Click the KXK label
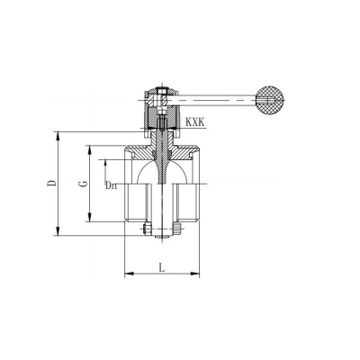click(195, 122)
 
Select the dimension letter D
click(51, 183)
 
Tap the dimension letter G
click(84, 183)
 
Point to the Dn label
click(111, 185)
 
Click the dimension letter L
click(162, 267)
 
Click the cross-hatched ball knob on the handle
click(270, 100)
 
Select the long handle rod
click(211, 100)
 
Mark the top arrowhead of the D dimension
click(58, 136)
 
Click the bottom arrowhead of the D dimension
click(58, 231)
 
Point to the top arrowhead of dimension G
click(90, 150)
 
